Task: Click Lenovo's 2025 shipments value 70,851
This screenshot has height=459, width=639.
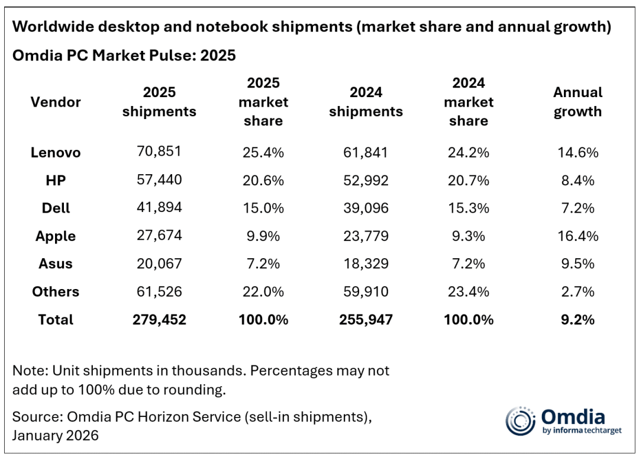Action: [159, 152]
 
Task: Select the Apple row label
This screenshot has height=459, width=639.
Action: [56, 236]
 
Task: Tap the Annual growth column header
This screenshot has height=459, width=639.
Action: [577, 102]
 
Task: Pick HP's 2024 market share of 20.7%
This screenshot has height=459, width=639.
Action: [468, 180]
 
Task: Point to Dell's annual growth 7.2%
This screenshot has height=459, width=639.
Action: [577, 208]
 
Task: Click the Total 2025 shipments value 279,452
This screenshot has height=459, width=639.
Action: [159, 320]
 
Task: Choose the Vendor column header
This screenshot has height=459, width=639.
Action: [56, 102]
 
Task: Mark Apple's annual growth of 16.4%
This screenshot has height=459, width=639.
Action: [577, 236]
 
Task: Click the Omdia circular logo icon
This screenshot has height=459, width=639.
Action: [520, 421]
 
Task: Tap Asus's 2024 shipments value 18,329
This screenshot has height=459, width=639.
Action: [366, 264]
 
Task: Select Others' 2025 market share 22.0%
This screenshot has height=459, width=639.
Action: [263, 291]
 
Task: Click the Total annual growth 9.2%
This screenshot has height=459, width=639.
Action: [577, 320]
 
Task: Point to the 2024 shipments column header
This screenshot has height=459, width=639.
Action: [366, 102]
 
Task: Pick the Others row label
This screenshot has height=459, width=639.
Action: [56, 291]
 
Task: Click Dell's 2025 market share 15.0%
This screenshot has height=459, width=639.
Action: [263, 208]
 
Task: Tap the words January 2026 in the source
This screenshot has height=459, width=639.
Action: [56, 435]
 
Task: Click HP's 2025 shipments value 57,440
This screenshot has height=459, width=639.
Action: [159, 180]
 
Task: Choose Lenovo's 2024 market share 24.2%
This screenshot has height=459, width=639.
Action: [468, 152]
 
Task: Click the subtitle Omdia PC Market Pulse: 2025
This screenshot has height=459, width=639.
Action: [124, 56]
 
